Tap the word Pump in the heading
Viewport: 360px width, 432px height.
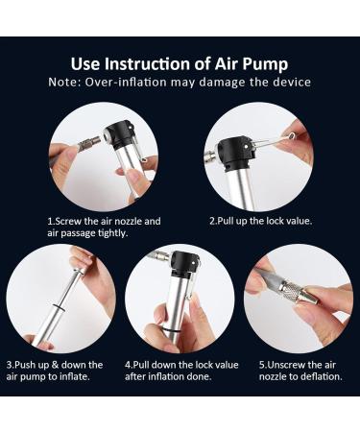pos(265,64)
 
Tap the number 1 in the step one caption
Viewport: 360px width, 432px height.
pos(50,221)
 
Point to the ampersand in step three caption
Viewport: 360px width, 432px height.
pos(55,365)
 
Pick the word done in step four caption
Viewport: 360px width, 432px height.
pos(200,376)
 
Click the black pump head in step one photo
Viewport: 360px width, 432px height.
pos(119,133)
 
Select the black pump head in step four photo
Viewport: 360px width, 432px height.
pos(186,264)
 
